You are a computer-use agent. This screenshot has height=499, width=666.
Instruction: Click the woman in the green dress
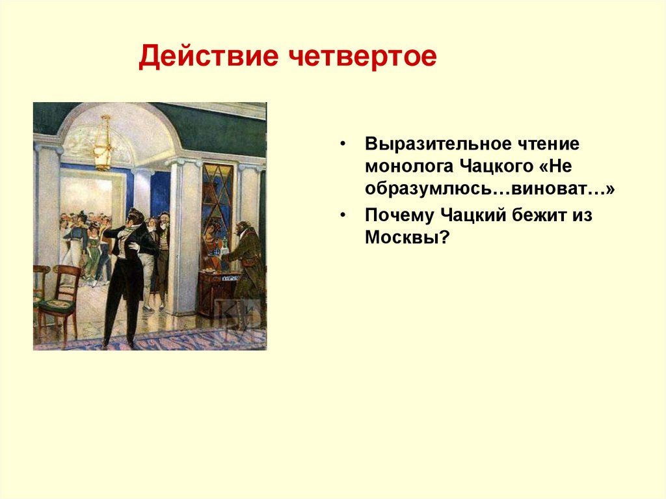[x=92, y=250]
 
